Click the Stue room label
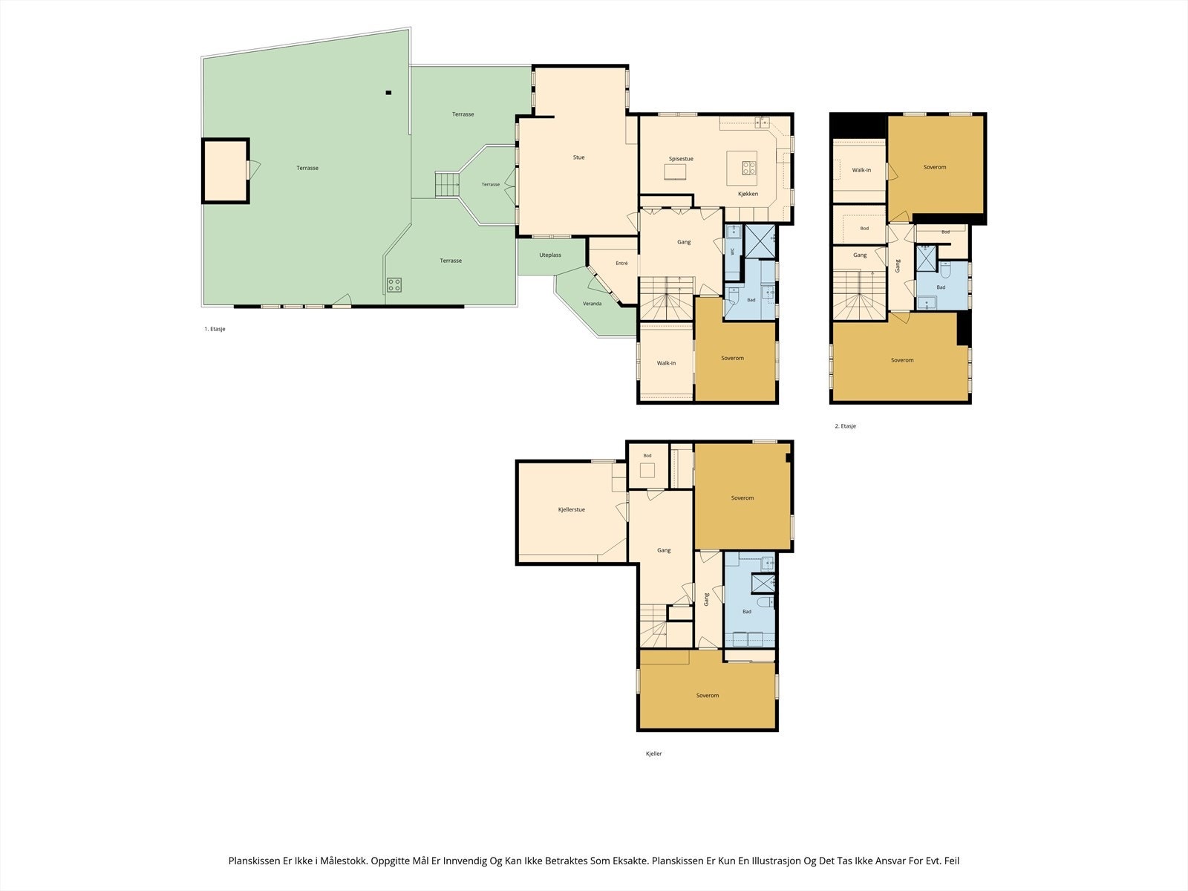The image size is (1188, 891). pos(578,157)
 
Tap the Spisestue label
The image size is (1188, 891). pos(681,159)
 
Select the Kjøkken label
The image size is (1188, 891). pos(748,194)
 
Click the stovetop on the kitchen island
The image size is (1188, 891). pos(749,169)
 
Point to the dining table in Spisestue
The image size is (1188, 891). pos(676,172)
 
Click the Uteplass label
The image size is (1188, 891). pos(550,255)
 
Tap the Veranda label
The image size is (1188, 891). pos(592,304)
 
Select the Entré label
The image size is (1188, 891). pos(622,264)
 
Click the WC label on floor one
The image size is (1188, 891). pos(733,251)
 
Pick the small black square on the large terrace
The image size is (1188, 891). pos(388,93)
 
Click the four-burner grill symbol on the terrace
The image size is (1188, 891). pos(394,284)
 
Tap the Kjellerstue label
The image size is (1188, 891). pos(572,509)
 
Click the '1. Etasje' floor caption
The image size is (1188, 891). pos(215,329)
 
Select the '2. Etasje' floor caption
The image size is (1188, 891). pos(846,426)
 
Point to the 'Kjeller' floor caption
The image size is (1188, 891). pos(654,754)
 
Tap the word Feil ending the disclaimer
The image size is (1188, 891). pos(952,861)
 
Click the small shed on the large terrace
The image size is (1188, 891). pos(226,171)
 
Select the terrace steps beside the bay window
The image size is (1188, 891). pos(447,184)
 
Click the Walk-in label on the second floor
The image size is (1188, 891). pos(861,170)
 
